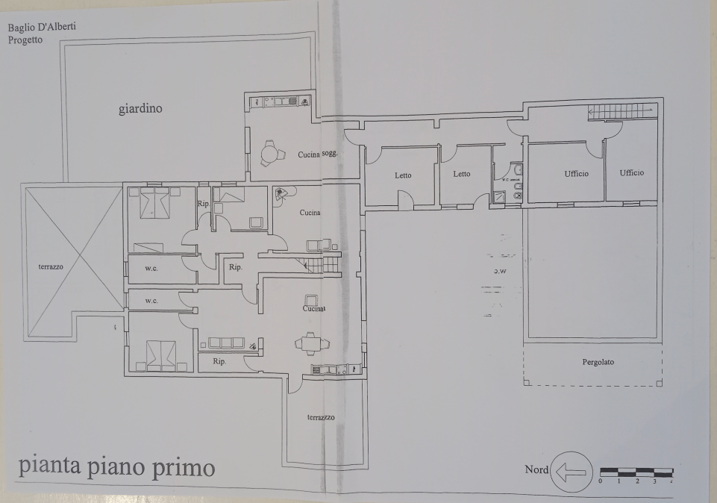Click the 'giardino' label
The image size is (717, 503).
point(140,109)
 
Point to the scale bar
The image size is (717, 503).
point(636,472)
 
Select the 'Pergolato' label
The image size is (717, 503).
point(598,362)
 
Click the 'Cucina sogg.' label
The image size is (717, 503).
point(318,153)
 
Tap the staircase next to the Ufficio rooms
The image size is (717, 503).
point(621,112)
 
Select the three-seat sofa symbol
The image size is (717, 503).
point(226,343)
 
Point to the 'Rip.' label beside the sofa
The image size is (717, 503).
point(219,361)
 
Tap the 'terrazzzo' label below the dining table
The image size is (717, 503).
point(321,417)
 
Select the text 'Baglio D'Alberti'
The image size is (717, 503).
point(42,28)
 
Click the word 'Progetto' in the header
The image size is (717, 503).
point(25,40)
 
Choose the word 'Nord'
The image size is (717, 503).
point(536,470)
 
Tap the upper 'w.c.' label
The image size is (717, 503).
point(151,268)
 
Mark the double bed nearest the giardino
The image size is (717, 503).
point(155,202)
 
